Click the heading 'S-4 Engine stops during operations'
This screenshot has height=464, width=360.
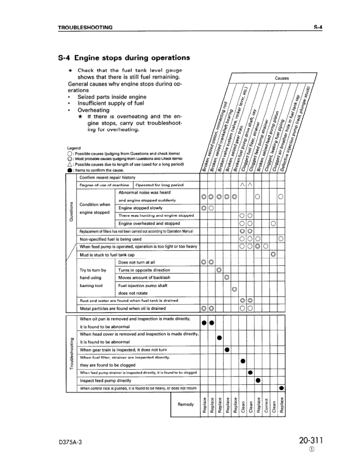pyautogui.click(x=124, y=58)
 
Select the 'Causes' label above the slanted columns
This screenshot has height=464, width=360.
pyautogui.click(x=282, y=78)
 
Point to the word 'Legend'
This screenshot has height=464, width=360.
pyautogui.click(x=74, y=148)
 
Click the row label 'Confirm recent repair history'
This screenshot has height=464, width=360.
pyautogui.click(x=107, y=177)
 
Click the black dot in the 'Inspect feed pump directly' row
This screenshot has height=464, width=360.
pyautogui.click(x=258, y=379)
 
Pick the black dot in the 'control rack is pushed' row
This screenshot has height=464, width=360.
pyautogui.click(x=282, y=388)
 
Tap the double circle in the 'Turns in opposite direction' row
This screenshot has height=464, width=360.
pyautogui.click(x=219, y=269)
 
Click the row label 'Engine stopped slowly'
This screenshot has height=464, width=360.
pyautogui.click(x=141, y=208)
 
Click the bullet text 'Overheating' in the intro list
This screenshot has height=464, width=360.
pyautogui.click(x=94, y=110)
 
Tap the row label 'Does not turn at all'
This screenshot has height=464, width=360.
pyautogui.click(x=136, y=262)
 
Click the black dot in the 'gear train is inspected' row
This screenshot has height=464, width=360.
pyautogui.click(x=227, y=350)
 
